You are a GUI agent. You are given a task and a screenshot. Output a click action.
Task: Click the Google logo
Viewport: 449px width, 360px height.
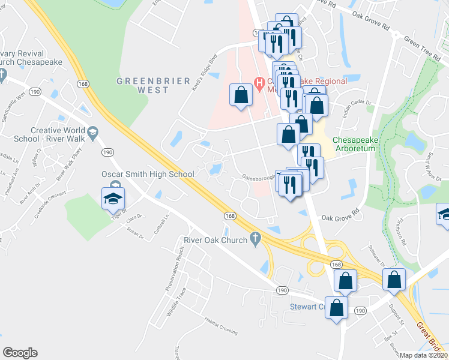[20, 353]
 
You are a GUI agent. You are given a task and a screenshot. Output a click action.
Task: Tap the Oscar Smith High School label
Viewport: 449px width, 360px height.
[148, 174]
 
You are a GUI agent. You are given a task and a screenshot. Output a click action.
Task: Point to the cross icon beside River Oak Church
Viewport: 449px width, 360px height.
[256, 239]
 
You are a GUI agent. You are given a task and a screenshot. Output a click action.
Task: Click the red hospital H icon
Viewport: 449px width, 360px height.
[260, 82]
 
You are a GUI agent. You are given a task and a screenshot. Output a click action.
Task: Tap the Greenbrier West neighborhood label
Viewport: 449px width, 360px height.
[153, 85]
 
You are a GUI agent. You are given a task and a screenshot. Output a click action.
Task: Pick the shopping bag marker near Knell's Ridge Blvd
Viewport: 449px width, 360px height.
[241, 95]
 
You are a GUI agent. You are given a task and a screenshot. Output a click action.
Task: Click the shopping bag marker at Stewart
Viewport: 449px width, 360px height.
[337, 308]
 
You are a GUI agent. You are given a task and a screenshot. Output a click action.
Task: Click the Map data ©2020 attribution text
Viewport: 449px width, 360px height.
[423, 355]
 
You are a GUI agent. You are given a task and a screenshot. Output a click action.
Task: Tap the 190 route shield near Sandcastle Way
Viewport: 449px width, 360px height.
[35, 91]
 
